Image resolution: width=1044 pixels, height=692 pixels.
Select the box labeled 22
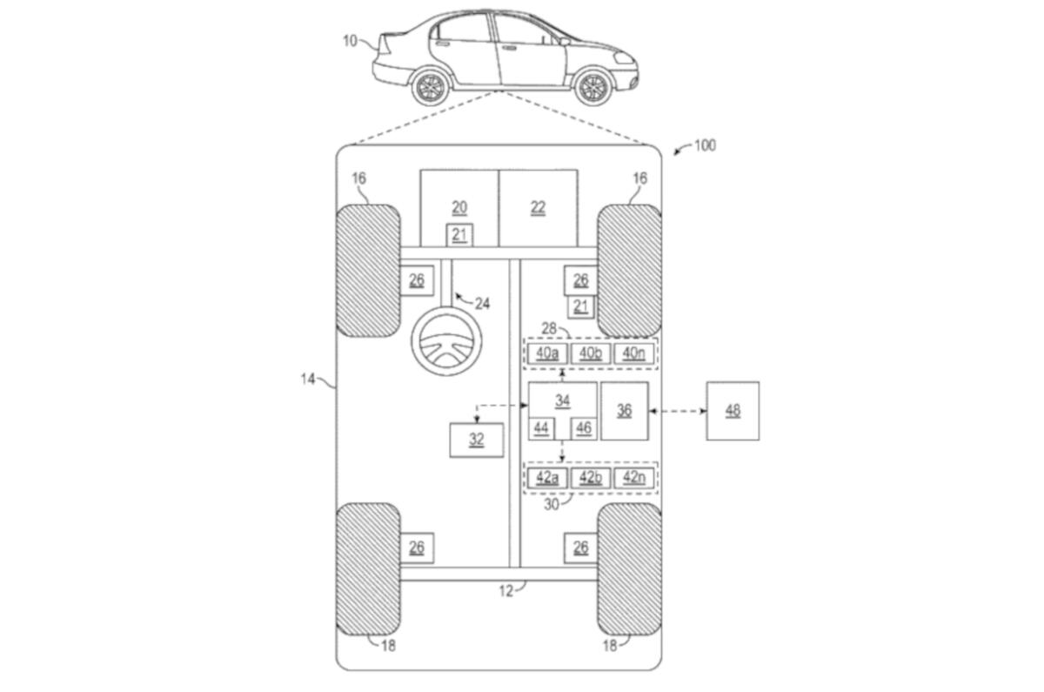[x=538, y=207]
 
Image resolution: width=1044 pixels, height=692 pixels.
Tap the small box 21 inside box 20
[x=459, y=234]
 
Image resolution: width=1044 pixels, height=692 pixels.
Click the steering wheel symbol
[x=446, y=341]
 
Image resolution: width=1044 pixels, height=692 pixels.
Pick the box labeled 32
[x=477, y=440]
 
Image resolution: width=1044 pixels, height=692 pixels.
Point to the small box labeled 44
[x=541, y=428]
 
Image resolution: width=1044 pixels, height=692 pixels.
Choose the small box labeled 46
[x=583, y=428]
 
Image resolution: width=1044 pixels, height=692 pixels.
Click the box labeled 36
[x=625, y=411]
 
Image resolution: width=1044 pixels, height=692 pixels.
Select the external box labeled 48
[x=733, y=411]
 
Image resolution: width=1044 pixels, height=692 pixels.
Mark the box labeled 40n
[x=634, y=353]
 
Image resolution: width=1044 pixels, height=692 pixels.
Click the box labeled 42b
[x=591, y=478]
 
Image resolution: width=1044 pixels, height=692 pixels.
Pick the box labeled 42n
[x=634, y=478]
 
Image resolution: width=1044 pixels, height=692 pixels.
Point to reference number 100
[x=704, y=145]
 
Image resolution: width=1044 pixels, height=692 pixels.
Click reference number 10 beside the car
[x=350, y=40]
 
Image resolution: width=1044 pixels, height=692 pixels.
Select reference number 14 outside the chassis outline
[x=308, y=380]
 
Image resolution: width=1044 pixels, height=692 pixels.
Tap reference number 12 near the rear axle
[x=506, y=591]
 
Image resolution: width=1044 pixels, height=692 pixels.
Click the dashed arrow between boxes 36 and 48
[x=677, y=411]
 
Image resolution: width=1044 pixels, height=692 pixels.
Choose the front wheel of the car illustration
[x=593, y=87]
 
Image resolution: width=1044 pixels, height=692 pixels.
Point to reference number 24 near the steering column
[x=482, y=303]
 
